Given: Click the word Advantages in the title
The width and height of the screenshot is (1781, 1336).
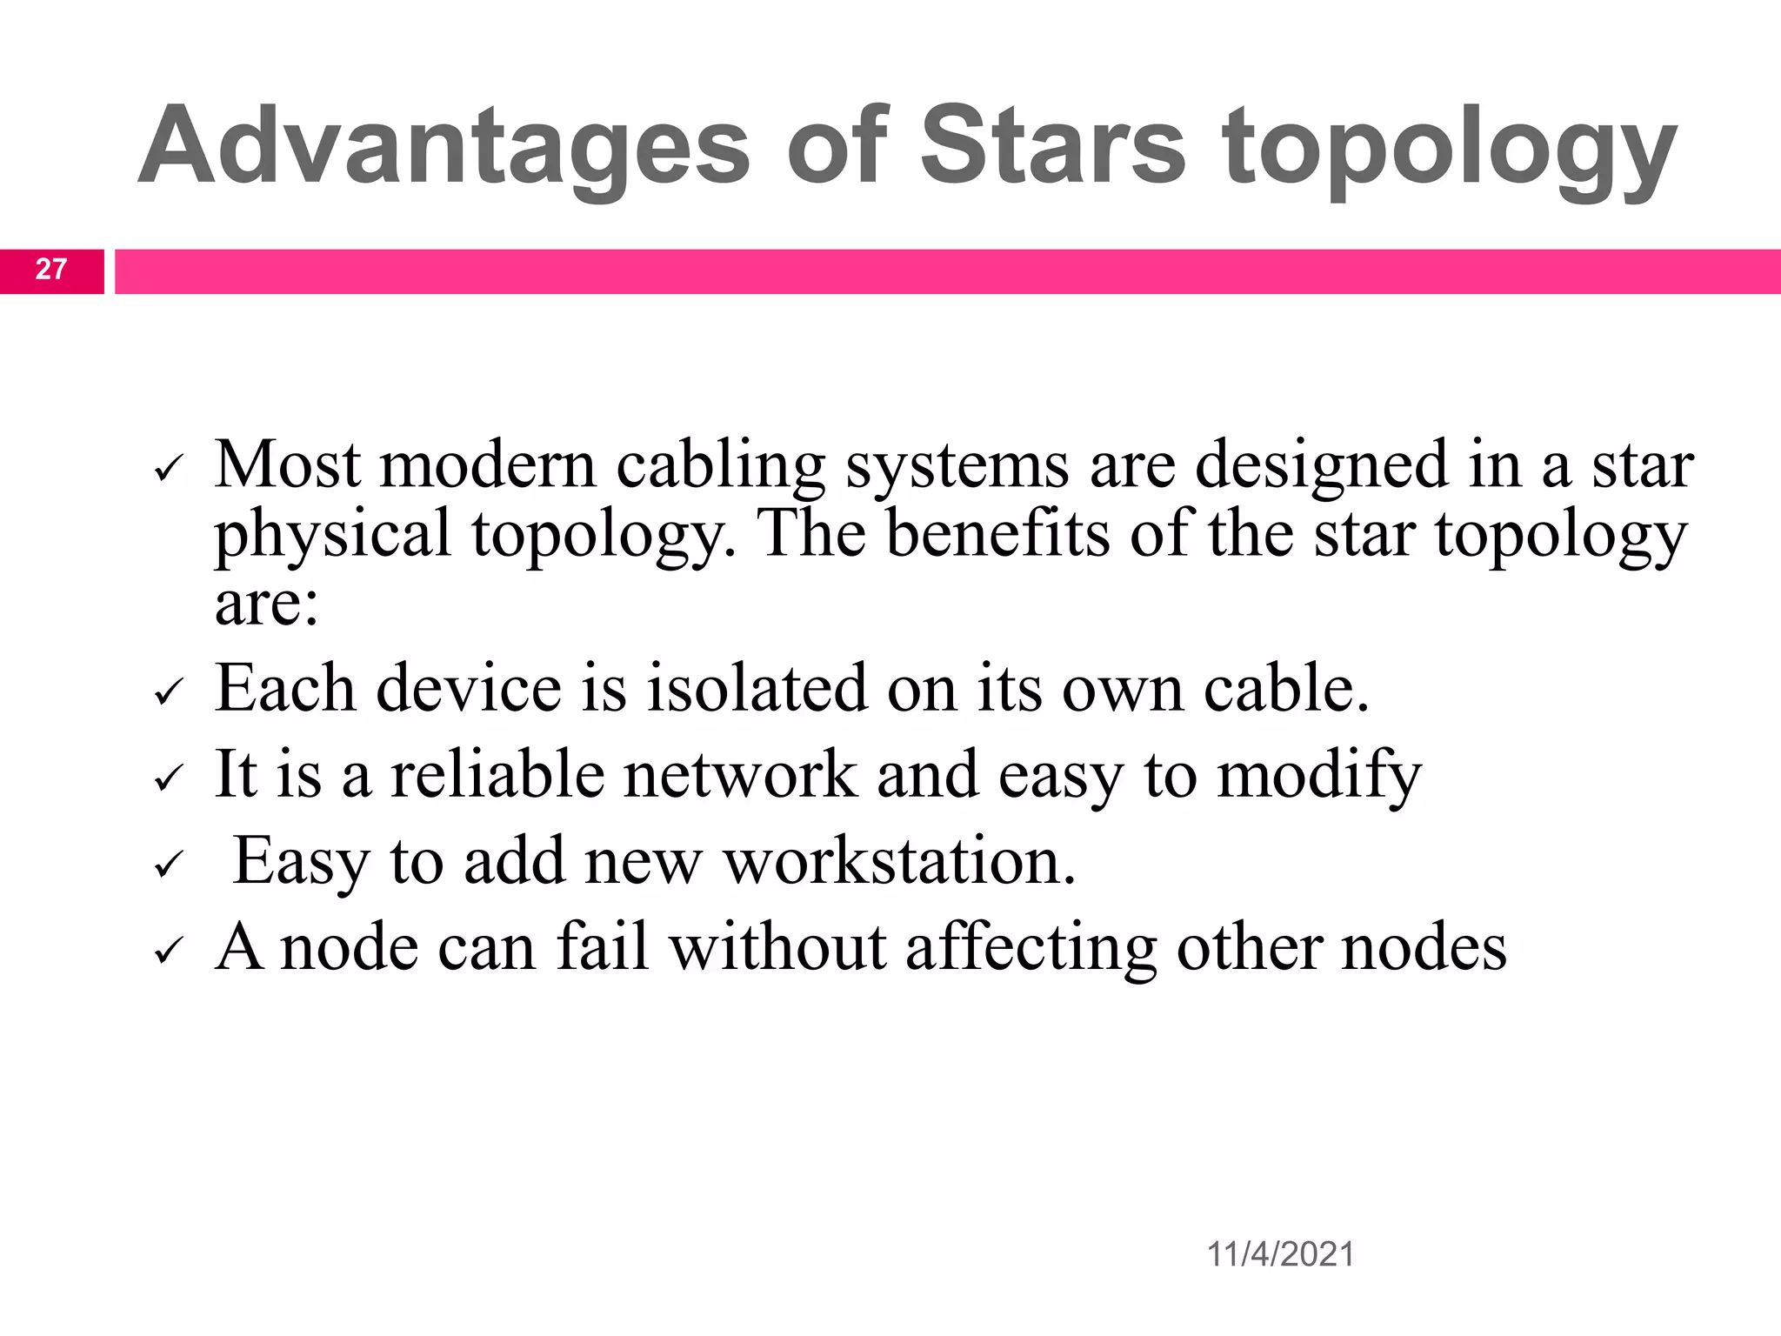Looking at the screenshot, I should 444,146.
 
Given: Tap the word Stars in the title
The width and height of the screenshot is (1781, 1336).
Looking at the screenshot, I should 1052,146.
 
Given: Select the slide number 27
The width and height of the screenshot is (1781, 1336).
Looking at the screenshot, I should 51,270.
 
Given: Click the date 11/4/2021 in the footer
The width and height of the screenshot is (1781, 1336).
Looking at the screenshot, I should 1280,1254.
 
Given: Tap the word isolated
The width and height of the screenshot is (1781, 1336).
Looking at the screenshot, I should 757,688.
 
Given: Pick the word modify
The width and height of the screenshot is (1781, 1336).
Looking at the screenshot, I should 1318,774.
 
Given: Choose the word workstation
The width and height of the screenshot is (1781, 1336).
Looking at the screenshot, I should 900,861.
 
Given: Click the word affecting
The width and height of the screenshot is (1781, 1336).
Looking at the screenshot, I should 1031,947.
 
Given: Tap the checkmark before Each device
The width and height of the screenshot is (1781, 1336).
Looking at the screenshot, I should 167,694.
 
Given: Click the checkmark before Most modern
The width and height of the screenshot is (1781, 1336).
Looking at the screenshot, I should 167,471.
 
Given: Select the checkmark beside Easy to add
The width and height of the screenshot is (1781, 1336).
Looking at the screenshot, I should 167,866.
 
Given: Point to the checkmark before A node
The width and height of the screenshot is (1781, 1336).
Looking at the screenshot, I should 167,952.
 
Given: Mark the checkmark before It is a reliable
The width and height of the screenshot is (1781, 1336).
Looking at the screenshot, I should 167,779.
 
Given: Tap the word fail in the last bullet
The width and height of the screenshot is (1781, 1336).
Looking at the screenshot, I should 603,947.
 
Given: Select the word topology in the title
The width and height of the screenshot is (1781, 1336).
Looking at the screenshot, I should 1449,146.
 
